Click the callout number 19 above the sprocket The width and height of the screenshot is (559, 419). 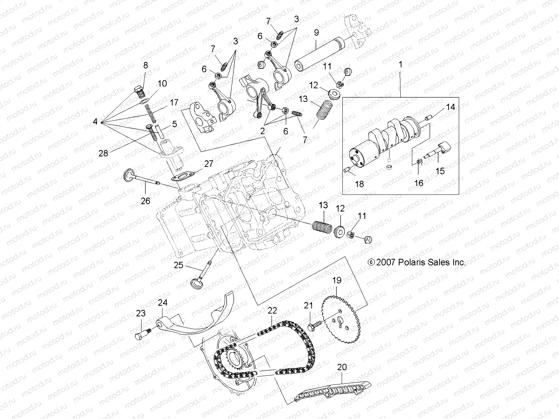pyautogui.click(x=336, y=280)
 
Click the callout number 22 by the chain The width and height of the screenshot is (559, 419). pyautogui.click(x=272, y=310)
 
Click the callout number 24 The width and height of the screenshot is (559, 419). pyautogui.click(x=163, y=302)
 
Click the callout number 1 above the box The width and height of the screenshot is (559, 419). pyautogui.click(x=400, y=64)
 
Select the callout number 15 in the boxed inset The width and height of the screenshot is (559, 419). pyautogui.click(x=440, y=171)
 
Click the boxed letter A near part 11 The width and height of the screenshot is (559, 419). pyautogui.click(x=367, y=239)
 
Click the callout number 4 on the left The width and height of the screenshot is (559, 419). pyautogui.click(x=95, y=122)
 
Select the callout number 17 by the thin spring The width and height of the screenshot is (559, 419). pyautogui.click(x=174, y=103)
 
